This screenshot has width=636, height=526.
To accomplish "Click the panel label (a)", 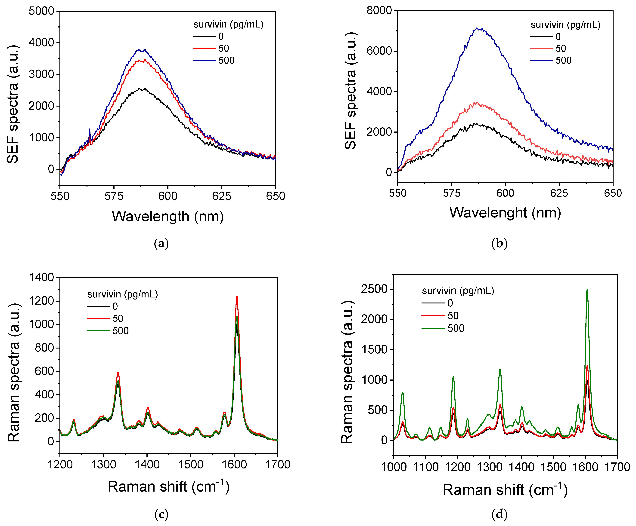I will (161, 244).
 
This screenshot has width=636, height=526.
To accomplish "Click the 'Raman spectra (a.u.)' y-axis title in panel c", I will (14, 372).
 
